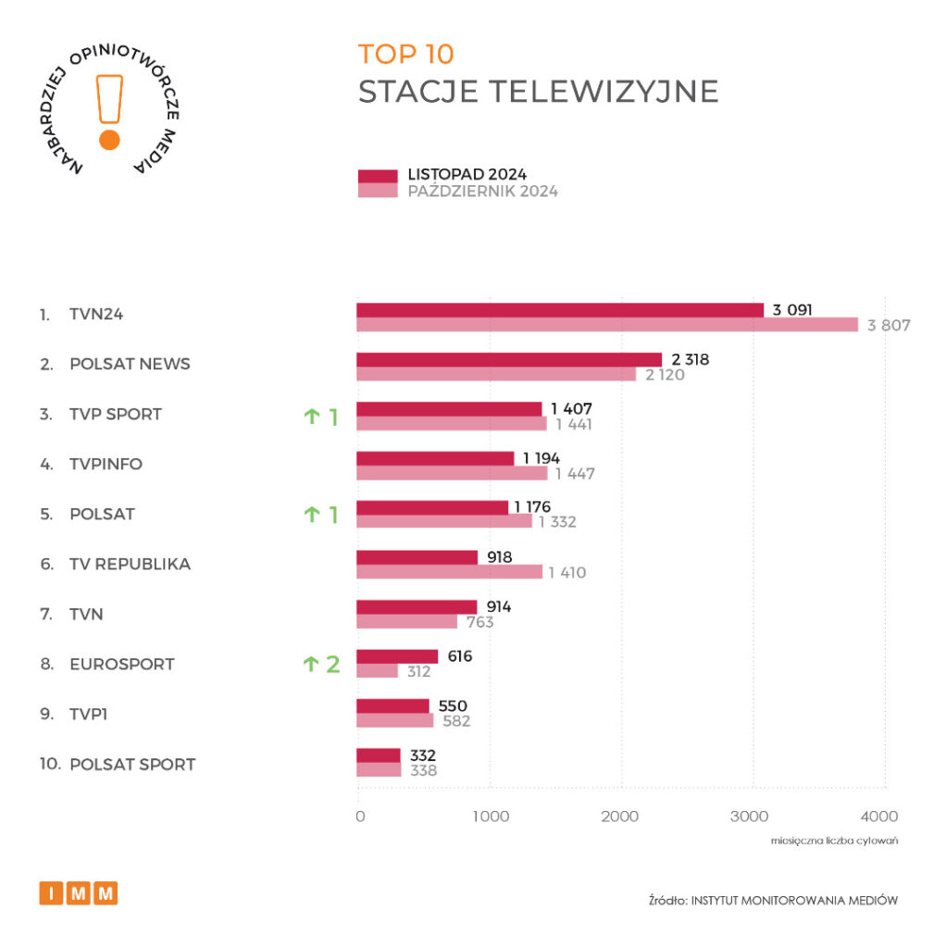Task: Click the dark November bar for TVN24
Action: [x=560, y=310]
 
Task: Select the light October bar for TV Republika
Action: [x=449, y=572]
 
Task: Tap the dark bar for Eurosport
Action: [x=397, y=656]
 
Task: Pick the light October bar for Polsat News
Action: [x=496, y=374]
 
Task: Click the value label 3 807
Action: [x=890, y=325]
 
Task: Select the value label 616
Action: [x=459, y=656]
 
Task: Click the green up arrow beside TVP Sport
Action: [x=311, y=417]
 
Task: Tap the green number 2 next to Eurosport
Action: [x=332, y=664]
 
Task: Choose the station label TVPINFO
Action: [x=106, y=464]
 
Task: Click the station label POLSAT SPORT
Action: [x=132, y=765]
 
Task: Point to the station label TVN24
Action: [x=96, y=314]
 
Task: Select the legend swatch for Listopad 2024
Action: [x=378, y=176]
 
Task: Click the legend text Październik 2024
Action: [x=482, y=192]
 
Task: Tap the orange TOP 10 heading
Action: [x=406, y=55]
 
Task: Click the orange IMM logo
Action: [x=79, y=893]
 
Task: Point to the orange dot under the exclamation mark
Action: [x=109, y=140]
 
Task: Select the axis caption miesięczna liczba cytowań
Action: [x=834, y=841]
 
